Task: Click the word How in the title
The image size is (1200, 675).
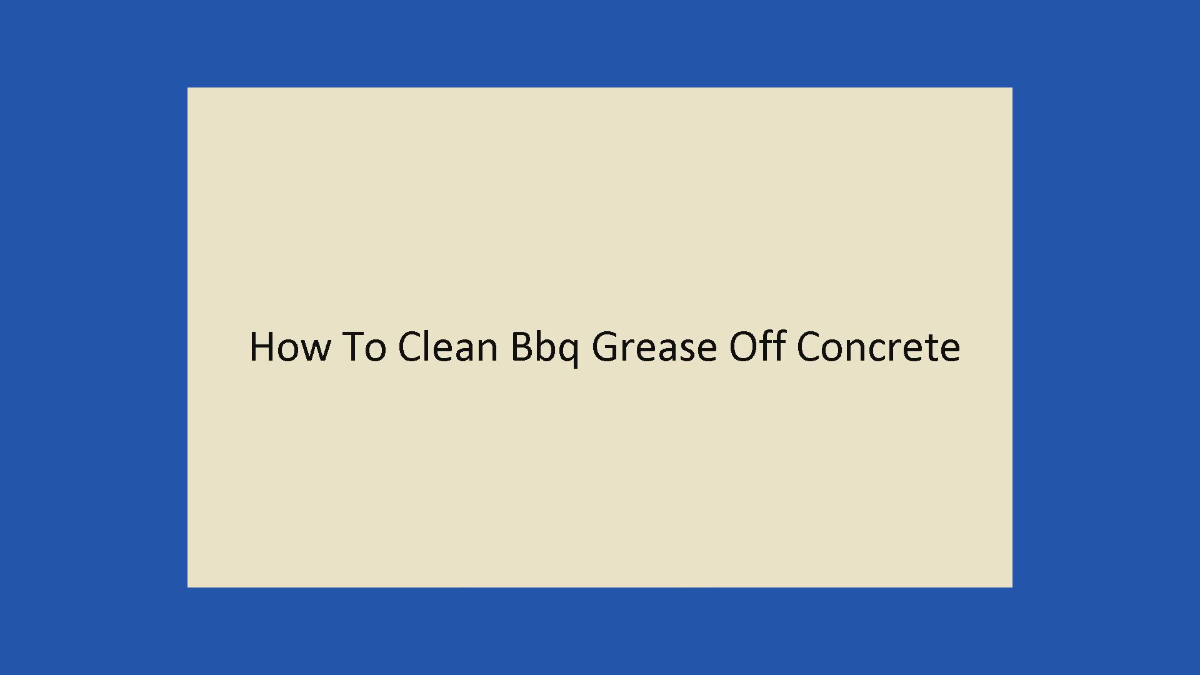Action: tap(289, 346)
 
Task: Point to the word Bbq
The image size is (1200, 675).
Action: tap(544, 348)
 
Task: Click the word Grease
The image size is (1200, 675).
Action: tap(654, 346)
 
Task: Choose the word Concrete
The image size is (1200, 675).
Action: tap(878, 346)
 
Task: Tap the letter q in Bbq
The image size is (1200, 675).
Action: tap(567, 353)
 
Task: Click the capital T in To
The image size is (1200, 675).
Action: tap(352, 346)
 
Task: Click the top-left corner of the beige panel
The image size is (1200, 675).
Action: tap(187, 87)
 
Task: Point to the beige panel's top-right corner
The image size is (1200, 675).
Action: tap(1012, 87)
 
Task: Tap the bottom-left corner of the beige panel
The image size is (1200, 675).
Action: tap(187, 587)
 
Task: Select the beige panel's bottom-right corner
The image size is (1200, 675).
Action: tap(1012, 587)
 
